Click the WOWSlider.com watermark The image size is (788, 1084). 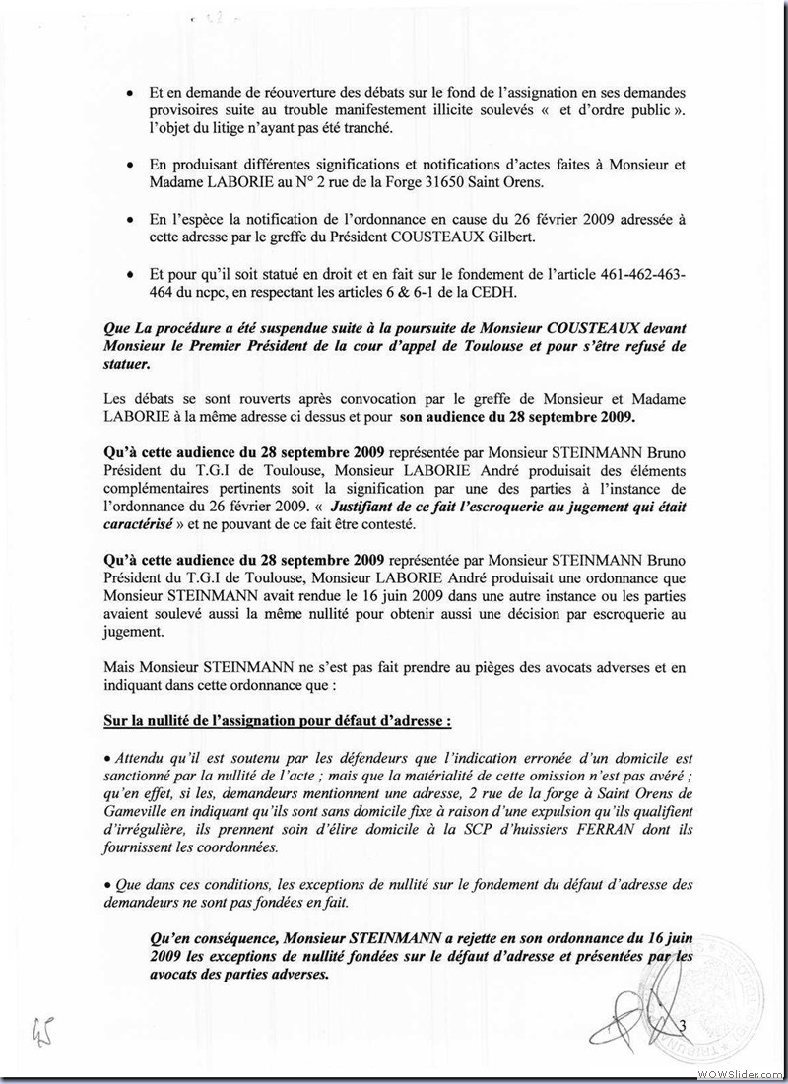[x=746, y=1071]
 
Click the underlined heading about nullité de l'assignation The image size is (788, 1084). [x=278, y=719]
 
